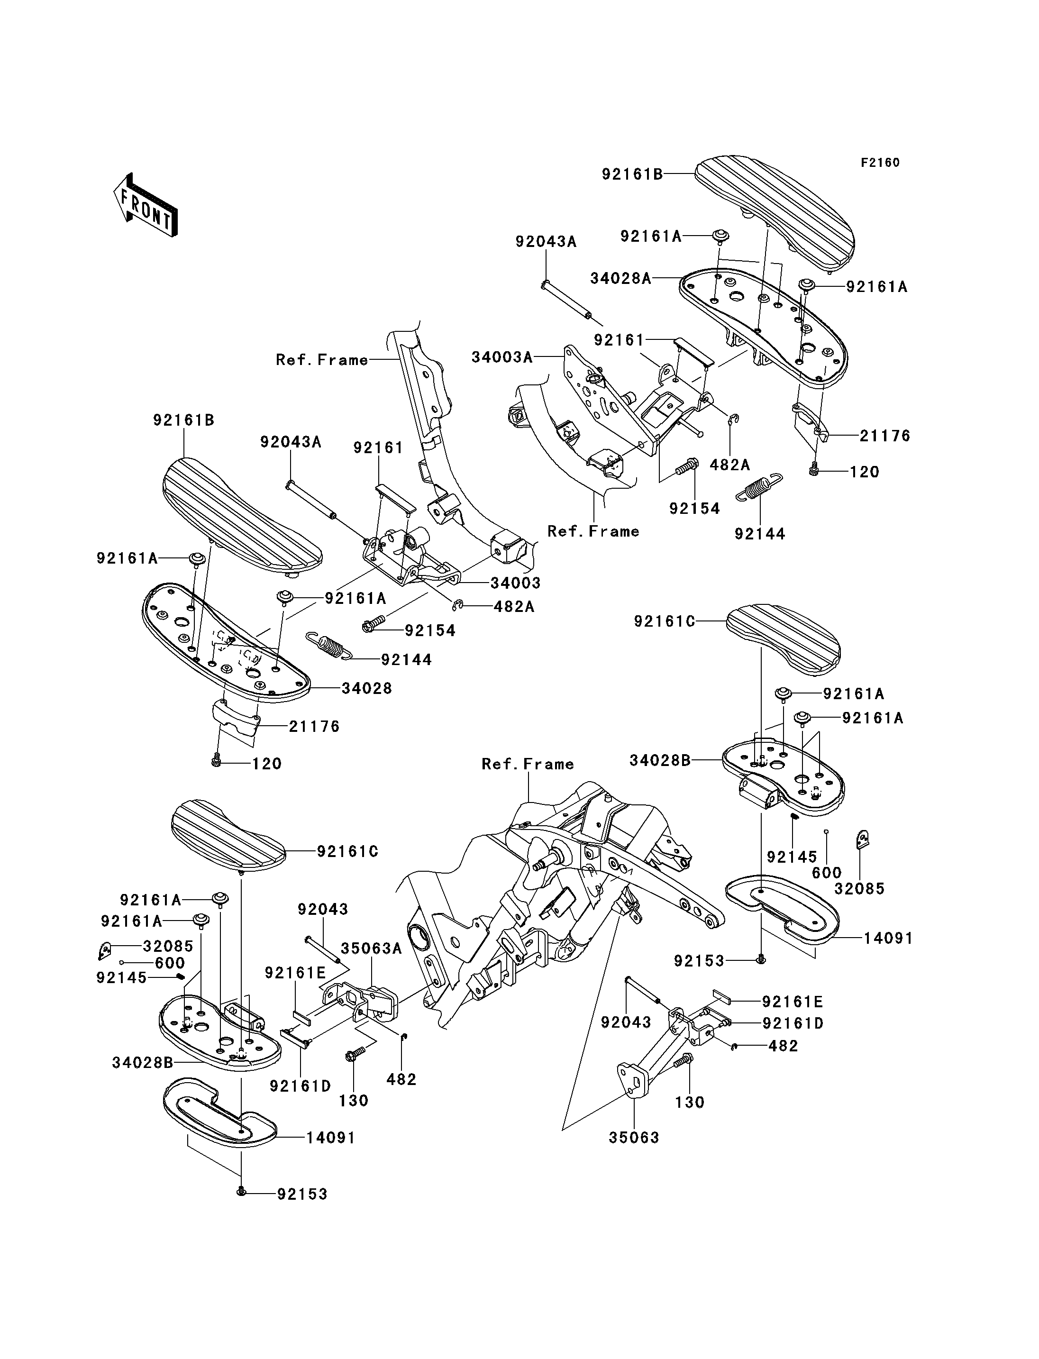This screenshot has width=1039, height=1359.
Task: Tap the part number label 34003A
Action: (x=501, y=357)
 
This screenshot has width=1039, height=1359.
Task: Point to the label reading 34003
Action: (x=515, y=583)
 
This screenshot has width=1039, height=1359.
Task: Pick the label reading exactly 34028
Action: (x=367, y=688)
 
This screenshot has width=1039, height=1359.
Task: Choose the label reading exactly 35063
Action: (x=634, y=1138)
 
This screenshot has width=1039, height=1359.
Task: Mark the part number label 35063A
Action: (x=371, y=949)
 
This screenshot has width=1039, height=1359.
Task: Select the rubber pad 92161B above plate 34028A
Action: (x=773, y=210)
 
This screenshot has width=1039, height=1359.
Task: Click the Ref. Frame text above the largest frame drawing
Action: (x=528, y=764)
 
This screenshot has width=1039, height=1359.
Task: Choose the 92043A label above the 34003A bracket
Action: (x=546, y=242)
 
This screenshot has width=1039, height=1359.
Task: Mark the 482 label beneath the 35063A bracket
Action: (x=401, y=1079)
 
